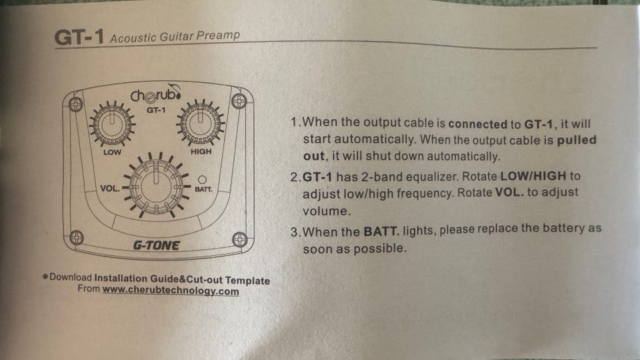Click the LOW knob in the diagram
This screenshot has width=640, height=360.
(112, 124)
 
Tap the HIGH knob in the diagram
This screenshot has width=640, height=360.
(201, 123)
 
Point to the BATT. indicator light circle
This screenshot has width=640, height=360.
(202, 179)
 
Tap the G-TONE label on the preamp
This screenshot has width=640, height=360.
(156, 245)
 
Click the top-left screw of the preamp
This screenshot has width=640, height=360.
(75, 104)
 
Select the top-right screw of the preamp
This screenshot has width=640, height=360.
(239, 101)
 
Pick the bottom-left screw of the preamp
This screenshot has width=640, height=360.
(76, 237)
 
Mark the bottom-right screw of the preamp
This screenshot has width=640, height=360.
(239, 239)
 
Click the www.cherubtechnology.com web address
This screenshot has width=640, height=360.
(171, 291)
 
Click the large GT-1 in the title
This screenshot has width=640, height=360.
(79, 37)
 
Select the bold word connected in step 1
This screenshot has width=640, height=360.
(477, 124)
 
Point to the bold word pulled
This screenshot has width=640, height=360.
(576, 140)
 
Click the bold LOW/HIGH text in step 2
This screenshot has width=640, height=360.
(533, 176)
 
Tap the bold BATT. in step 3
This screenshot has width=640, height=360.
(381, 232)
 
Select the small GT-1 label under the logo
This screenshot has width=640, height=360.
(156, 110)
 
